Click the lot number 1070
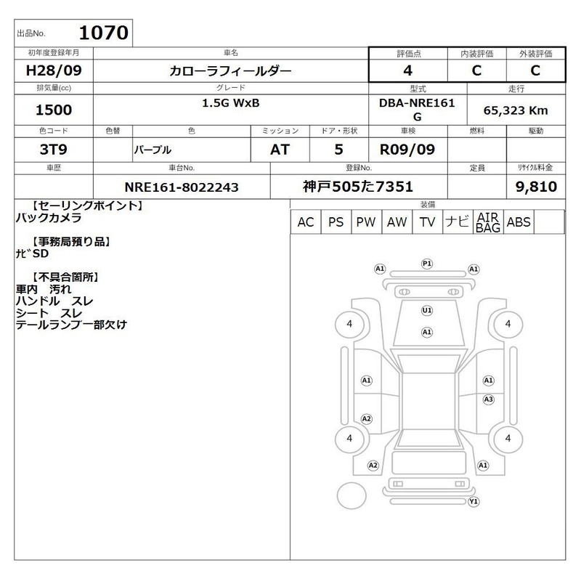104,33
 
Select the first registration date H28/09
54,70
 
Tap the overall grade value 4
408,70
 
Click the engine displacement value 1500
54,110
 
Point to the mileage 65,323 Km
516,110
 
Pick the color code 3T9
54,150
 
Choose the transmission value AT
280,150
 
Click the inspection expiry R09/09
407,150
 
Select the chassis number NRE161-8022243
182,187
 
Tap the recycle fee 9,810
536,187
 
